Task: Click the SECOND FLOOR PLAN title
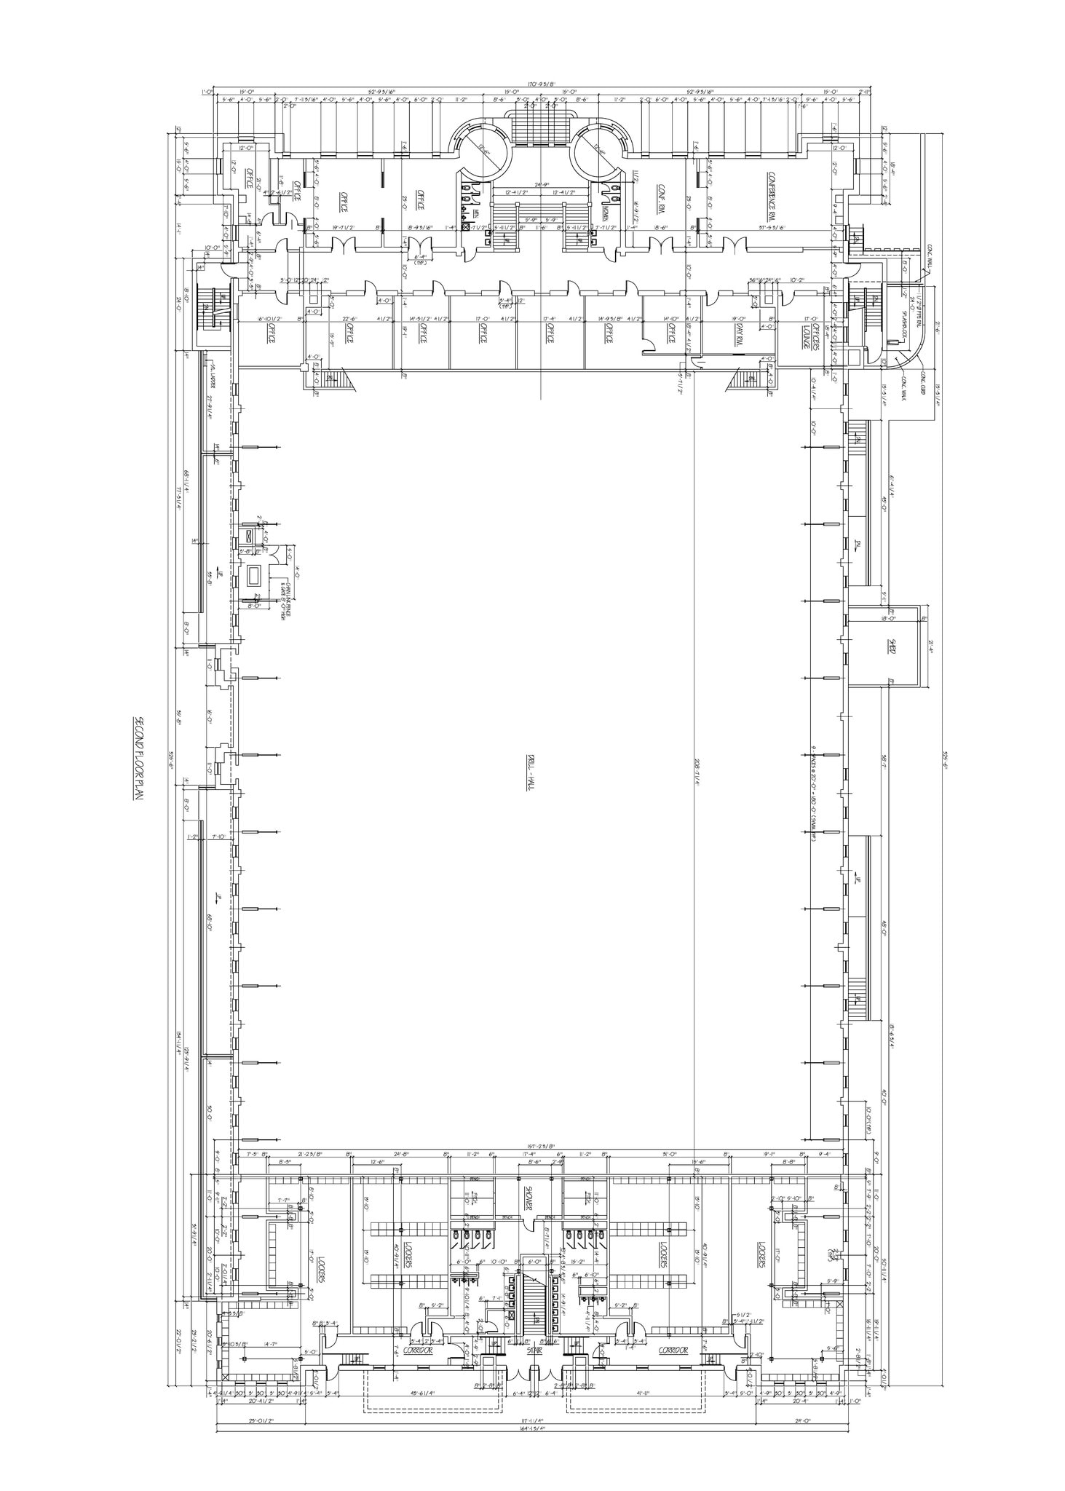click(136, 758)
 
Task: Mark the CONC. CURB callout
click(922, 379)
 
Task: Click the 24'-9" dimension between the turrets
click(540, 185)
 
